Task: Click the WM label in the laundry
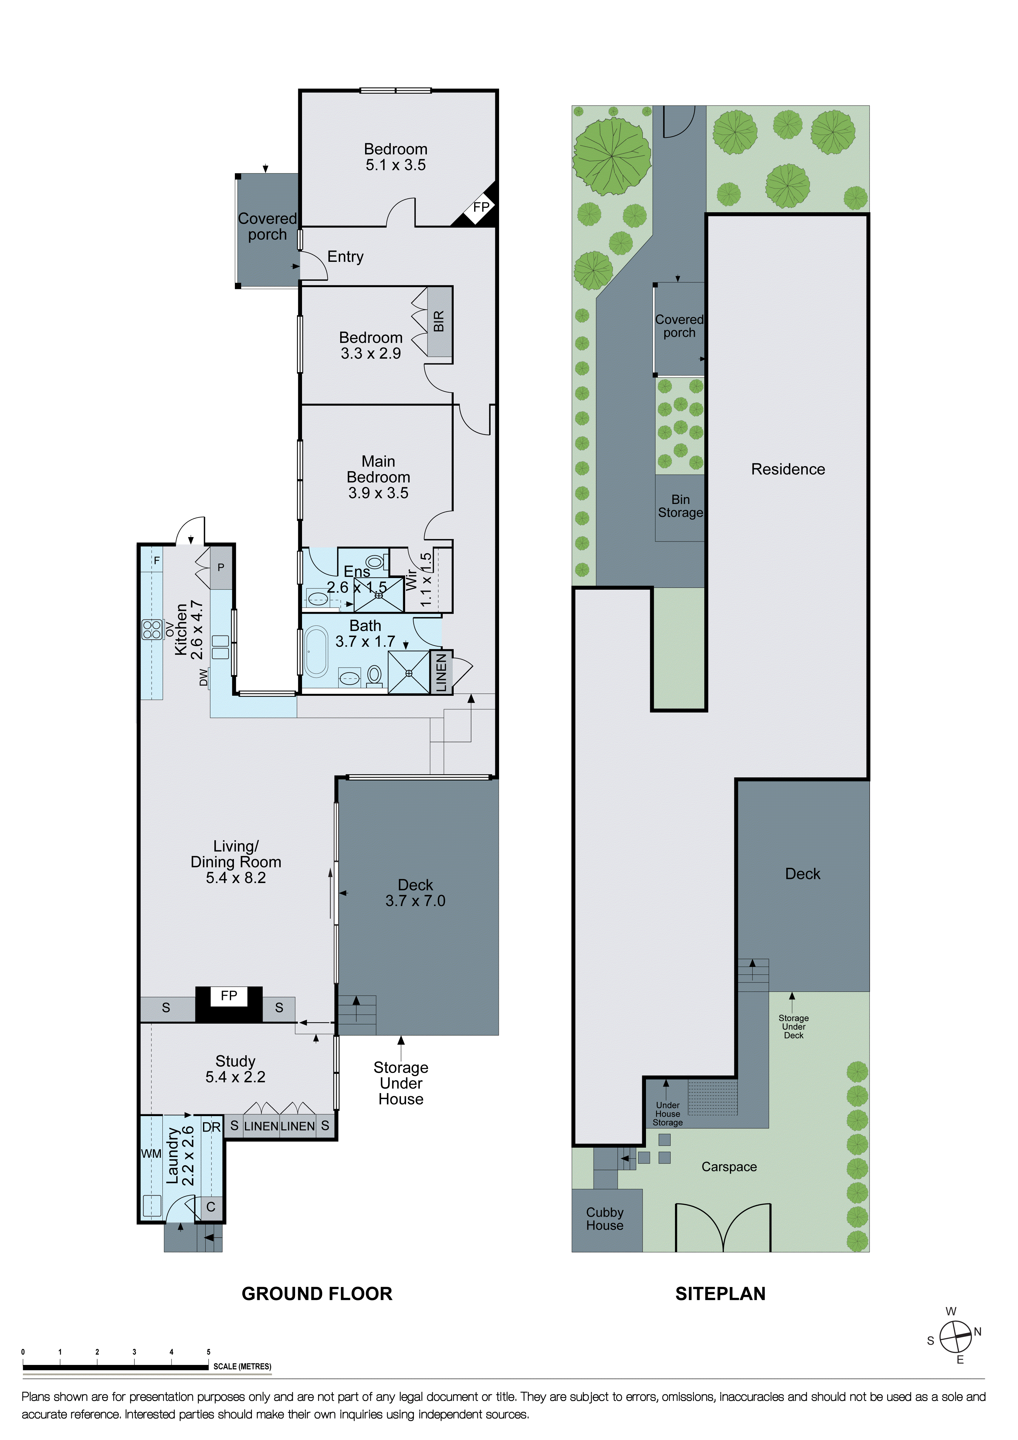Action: click(x=151, y=1153)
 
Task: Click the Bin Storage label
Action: click(x=680, y=506)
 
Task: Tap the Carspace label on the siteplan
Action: click(x=729, y=1167)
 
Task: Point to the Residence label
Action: click(x=788, y=469)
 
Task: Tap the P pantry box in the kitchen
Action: click(x=221, y=568)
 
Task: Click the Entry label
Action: click(x=346, y=256)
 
